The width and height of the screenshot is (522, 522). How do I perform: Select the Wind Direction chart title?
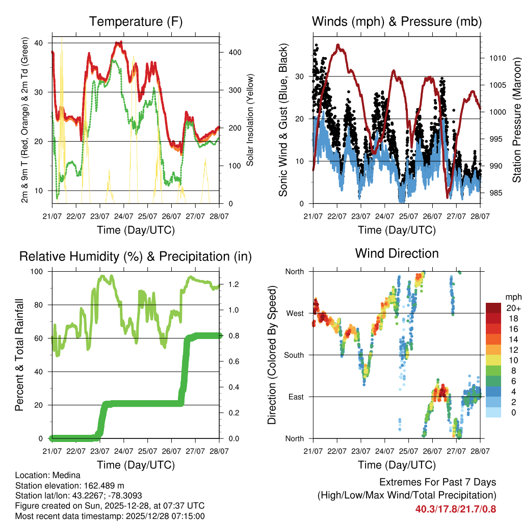coord(397,253)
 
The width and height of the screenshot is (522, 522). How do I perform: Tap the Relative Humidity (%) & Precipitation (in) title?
coord(136,256)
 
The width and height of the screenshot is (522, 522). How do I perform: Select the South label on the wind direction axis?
coord(293,355)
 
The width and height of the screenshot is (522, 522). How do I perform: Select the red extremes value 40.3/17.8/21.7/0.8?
coord(455,509)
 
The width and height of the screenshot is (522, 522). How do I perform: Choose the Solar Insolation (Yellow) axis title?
coord(250,120)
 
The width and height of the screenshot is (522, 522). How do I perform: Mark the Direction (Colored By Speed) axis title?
coord(272,354)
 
